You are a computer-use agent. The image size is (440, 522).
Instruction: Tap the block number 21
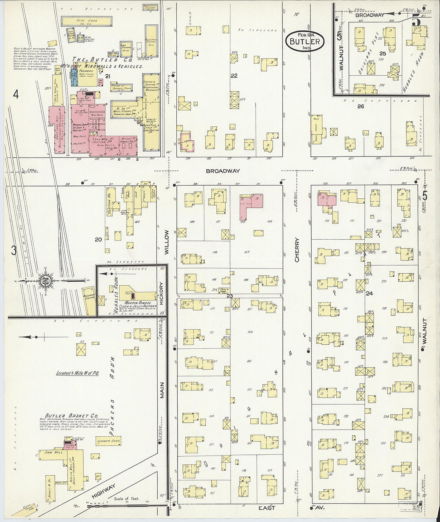pos(107,76)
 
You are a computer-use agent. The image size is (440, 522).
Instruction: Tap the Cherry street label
pos(297,250)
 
